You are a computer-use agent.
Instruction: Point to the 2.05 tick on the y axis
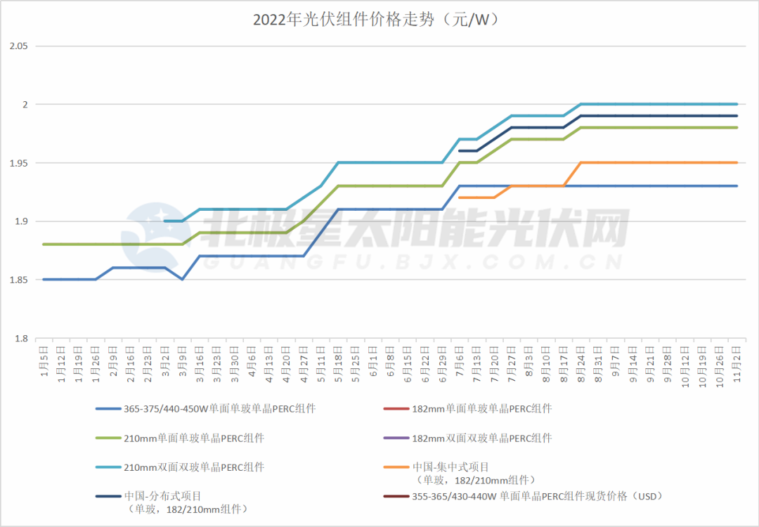[x=18, y=46]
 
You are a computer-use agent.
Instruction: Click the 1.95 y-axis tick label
[x=18, y=163]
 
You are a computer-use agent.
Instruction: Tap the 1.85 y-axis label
[x=18, y=280]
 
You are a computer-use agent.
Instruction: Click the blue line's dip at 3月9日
[x=182, y=280]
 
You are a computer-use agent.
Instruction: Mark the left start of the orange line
[x=459, y=198]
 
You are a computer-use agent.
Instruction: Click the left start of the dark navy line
[x=459, y=151]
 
